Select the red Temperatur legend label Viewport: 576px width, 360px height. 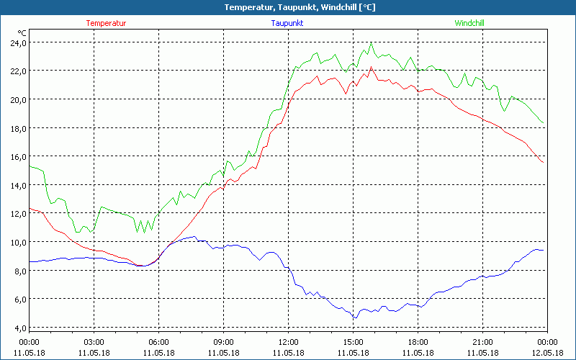coord(106,23)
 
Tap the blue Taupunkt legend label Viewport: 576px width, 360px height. coord(288,23)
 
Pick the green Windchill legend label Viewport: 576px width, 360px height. coord(469,23)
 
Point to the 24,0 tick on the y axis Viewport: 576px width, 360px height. coord(17,42)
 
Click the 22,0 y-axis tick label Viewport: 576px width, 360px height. coord(17,71)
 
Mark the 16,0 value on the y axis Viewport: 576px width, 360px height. coord(17,156)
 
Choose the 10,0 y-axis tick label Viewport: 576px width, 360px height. coord(17,242)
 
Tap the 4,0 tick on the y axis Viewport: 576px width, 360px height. coord(17,328)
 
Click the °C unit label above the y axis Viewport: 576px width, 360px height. coord(22,33)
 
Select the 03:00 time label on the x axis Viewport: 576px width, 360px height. coord(94,342)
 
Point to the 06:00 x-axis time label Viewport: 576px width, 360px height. coord(158,342)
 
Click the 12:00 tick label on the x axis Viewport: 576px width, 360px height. coord(288,342)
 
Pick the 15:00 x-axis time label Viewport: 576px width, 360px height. coord(353,342)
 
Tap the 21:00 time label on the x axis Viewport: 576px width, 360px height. coord(482,342)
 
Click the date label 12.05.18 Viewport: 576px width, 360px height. coord(547,353)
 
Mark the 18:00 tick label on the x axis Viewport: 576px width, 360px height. coord(418,342)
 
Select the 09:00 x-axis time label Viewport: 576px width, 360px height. coord(223,342)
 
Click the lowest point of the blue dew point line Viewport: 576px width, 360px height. coord(354,318)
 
